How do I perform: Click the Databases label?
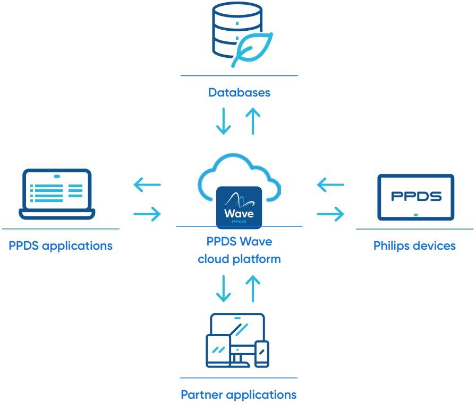(x=239, y=93)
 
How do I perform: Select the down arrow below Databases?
(x=224, y=122)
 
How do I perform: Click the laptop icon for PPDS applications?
(x=57, y=194)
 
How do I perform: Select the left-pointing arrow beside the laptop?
(x=147, y=185)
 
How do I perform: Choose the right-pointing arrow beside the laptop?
(x=147, y=214)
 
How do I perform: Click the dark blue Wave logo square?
(x=239, y=207)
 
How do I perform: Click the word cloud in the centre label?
(x=214, y=259)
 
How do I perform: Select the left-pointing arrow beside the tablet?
(x=330, y=185)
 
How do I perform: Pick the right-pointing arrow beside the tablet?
(x=330, y=214)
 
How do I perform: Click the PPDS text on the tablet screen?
(x=416, y=196)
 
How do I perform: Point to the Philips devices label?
(x=414, y=246)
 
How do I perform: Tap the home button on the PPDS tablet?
(x=416, y=214)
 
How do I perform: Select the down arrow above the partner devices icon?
(x=224, y=287)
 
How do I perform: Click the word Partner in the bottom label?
(x=202, y=395)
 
